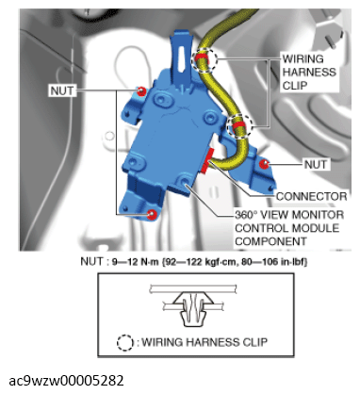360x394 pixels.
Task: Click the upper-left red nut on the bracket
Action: (141, 91)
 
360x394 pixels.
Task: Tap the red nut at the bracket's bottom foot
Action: (152, 214)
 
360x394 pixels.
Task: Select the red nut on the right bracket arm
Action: (265, 163)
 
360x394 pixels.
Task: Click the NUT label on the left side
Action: (62, 90)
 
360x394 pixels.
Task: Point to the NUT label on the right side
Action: (316, 164)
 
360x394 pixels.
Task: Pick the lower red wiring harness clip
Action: (239, 125)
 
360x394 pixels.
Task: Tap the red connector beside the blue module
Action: (208, 161)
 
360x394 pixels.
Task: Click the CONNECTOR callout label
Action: (311, 196)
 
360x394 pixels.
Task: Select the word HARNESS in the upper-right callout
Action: (309, 72)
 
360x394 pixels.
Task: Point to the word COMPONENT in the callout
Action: (270, 241)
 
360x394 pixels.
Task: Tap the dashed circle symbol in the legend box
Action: (125, 342)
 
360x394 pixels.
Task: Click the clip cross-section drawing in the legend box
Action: (193, 305)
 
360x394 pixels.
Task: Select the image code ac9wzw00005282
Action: (66, 381)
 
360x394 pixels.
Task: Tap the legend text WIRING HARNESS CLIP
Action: (205, 342)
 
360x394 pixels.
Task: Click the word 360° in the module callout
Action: (246, 215)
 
